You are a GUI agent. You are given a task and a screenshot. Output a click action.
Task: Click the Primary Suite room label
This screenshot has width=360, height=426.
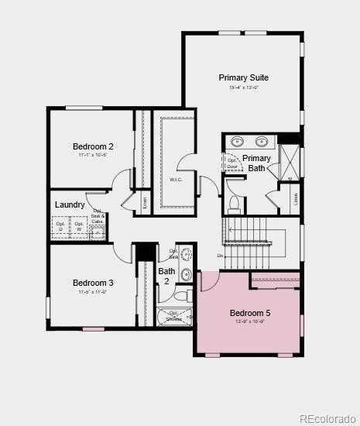pyautogui.click(x=243, y=77)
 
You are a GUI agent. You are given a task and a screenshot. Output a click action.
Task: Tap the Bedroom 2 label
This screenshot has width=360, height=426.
pyautogui.click(x=94, y=146)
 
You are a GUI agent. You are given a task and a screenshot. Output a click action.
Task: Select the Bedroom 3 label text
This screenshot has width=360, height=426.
pyautogui.click(x=94, y=283)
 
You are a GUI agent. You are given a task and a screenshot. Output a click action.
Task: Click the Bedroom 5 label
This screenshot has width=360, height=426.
pyautogui.click(x=250, y=313)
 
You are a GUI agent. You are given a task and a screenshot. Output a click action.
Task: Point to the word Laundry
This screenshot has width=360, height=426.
pyautogui.click(x=70, y=204)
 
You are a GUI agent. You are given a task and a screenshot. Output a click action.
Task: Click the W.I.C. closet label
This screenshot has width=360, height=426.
pyautogui.click(x=177, y=180)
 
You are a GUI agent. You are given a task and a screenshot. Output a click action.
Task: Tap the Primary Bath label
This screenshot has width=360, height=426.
pyautogui.click(x=256, y=163)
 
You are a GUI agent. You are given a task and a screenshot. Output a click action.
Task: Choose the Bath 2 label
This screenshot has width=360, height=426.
pyautogui.click(x=166, y=276)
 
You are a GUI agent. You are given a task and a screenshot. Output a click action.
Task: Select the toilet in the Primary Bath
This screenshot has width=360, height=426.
pyautogui.click(x=234, y=204)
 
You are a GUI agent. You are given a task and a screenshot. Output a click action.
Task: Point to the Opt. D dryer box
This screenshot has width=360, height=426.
pyautogui.click(x=60, y=227)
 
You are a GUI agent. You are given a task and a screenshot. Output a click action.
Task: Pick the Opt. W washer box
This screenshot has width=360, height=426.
pyautogui.click(x=78, y=227)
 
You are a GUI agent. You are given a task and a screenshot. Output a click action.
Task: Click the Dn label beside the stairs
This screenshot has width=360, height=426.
pyautogui.click(x=220, y=255)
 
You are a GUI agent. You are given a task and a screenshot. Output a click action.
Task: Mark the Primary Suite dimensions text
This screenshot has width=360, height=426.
pyautogui.click(x=243, y=88)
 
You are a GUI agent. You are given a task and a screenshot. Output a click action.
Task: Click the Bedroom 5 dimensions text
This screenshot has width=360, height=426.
pyautogui.click(x=250, y=321)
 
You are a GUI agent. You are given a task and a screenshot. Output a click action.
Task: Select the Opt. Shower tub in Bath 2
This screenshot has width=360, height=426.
pyautogui.click(x=174, y=316)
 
